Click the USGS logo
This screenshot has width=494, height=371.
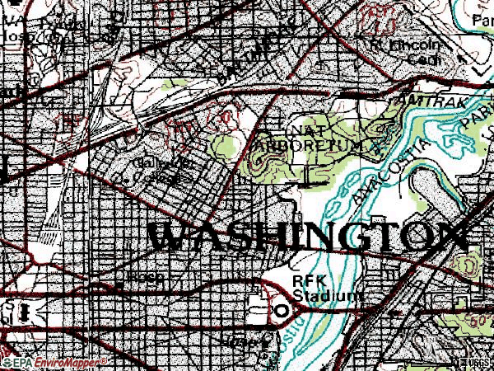(476, 363)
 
